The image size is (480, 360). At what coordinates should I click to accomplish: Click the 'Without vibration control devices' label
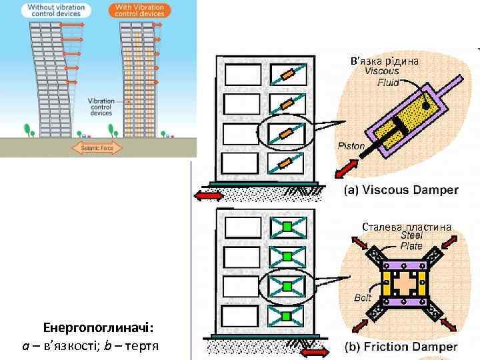[x=55, y=11]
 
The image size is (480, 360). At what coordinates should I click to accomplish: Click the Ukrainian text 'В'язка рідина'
[x=385, y=61]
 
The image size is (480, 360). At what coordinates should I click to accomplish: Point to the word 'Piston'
[x=351, y=146]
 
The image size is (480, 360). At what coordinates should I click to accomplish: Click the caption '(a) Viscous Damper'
[x=401, y=190]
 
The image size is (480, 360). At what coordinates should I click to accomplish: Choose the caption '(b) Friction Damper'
[x=401, y=347]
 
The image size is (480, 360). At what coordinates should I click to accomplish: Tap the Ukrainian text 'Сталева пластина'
[x=407, y=227]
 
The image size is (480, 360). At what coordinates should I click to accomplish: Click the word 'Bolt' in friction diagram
[x=363, y=298]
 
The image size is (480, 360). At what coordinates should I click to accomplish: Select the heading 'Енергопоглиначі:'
[x=98, y=328]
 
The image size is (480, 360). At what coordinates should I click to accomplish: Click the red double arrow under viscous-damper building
[x=209, y=195]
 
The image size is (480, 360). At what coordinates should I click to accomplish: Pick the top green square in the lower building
[x=287, y=227]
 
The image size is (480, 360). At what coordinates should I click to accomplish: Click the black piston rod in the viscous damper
[x=385, y=135]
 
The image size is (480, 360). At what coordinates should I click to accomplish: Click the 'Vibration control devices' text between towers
[x=101, y=107]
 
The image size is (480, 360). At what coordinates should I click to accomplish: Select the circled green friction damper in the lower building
[x=287, y=286]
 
